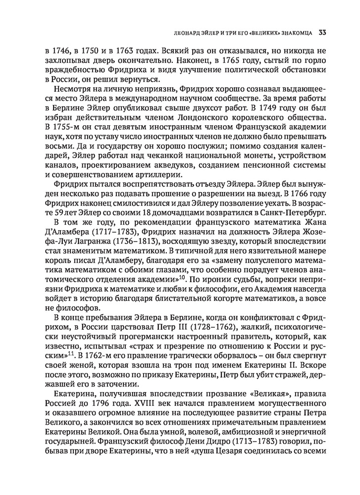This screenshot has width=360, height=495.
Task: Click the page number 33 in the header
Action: click(x=321, y=33)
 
